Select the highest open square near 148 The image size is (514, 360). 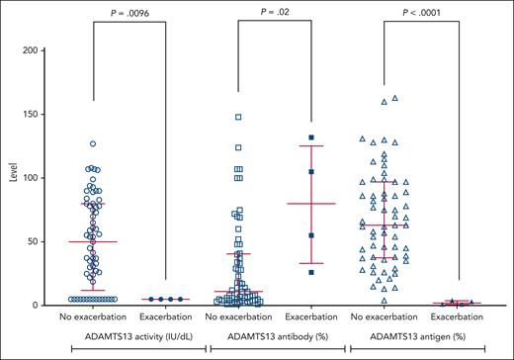[238, 117]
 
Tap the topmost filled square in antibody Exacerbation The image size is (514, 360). [311, 137]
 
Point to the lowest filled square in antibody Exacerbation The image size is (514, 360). [311, 272]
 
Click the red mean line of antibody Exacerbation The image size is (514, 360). [311, 204]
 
